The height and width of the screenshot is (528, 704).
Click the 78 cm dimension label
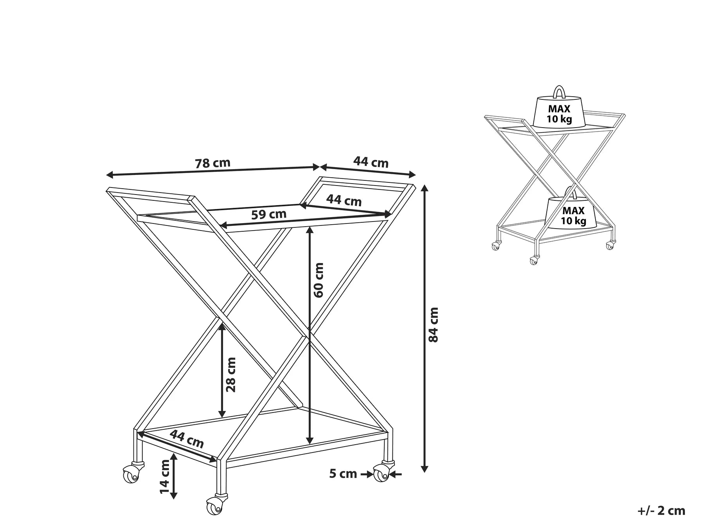pyautogui.click(x=212, y=163)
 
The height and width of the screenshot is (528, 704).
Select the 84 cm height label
pyautogui.click(x=434, y=324)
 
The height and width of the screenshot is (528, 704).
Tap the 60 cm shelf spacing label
pyautogui.click(x=319, y=280)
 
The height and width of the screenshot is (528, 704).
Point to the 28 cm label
pyautogui.click(x=231, y=374)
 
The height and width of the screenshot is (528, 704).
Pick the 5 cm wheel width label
pyautogui.click(x=343, y=474)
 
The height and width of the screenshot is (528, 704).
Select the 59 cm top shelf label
pyautogui.click(x=268, y=214)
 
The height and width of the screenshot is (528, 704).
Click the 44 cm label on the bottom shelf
pyautogui.click(x=187, y=439)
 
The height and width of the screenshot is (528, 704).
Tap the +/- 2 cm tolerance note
pyautogui.click(x=661, y=510)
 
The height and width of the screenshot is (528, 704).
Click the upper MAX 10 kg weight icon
pyautogui.click(x=559, y=112)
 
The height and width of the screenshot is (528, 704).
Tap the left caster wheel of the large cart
pyautogui.click(x=131, y=474)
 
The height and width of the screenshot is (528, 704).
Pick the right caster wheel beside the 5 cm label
pyautogui.click(x=380, y=474)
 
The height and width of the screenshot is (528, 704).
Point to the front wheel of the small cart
pyautogui.click(x=533, y=261)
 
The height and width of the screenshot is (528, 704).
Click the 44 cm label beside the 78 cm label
pyautogui.click(x=371, y=162)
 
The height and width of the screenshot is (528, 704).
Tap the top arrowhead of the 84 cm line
pyautogui.click(x=425, y=187)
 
